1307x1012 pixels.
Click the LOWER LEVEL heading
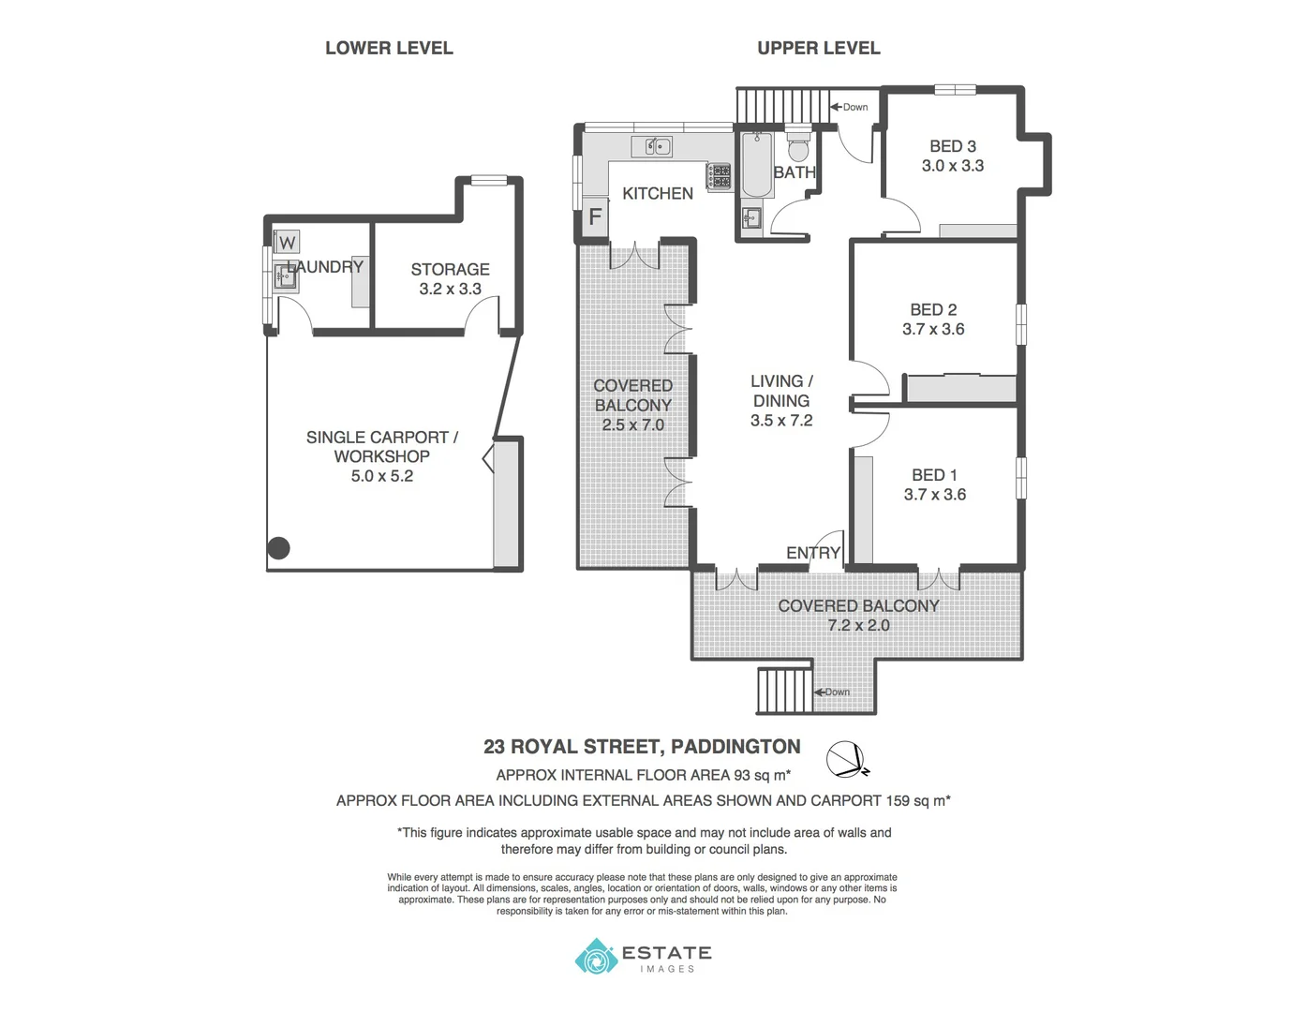coord(389,48)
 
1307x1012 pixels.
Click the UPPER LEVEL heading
coord(818,48)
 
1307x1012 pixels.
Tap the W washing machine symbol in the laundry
coord(287,243)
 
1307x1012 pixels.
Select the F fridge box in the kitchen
coord(594,218)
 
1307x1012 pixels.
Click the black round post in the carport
coord(279,548)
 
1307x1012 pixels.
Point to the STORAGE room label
coord(450,269)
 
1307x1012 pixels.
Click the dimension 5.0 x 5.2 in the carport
coord(381,476)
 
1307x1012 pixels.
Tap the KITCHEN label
coord(658,193)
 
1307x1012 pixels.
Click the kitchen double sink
coord(651,147)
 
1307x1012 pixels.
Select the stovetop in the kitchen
coord(719,175)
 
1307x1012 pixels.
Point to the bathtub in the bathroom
coord(756,166)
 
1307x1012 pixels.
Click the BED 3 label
coord(952,146)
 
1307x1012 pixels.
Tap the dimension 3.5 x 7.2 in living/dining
coord(780,421)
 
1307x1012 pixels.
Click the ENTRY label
coord(812,553)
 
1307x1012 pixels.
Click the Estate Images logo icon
coord(594,957)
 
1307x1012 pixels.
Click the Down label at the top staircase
coord(854,107)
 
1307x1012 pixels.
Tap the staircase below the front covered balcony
coord(783,692)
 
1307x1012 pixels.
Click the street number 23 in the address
coord(494,747)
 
